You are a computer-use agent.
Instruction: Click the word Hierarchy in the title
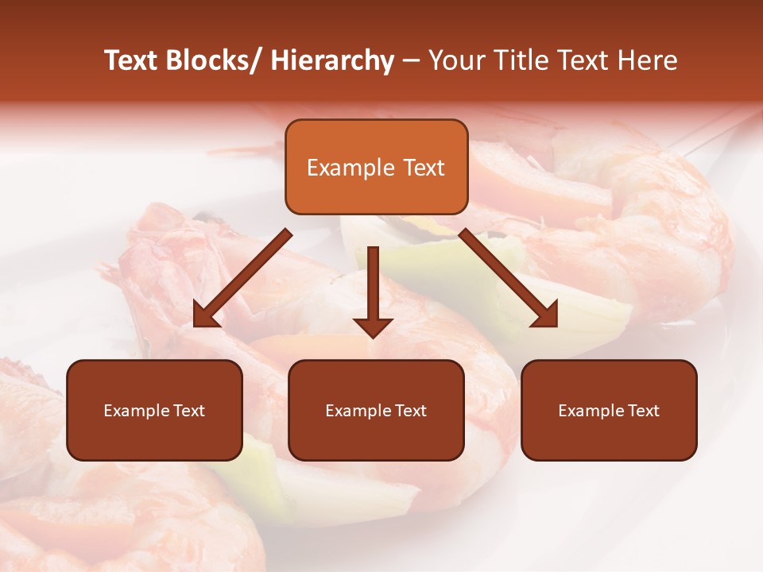coord(331,60)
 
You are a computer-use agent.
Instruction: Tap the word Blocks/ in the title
coord(209,60)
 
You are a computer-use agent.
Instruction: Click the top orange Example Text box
coord(376,167)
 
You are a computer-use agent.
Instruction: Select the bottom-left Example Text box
coord(154,410)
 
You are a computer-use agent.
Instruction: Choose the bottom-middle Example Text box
coord(376,410)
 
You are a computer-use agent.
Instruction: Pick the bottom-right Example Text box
coord(609,410)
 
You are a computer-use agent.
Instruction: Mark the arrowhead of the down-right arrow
coord(546,315)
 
